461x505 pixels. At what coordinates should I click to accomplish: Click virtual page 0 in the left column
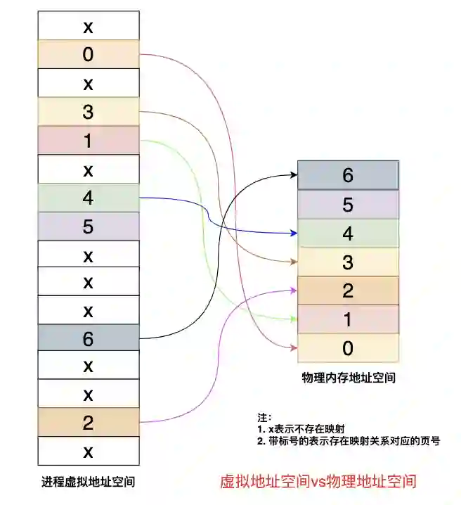click(x=88, y=54)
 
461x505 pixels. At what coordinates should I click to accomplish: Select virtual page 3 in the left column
click(x=88, y=111)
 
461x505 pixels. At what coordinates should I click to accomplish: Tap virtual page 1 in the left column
click(x=88, y=140)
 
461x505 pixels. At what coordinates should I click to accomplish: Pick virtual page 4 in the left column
click(x=88, y=197)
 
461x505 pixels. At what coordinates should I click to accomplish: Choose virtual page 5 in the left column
click(x=88, y=226)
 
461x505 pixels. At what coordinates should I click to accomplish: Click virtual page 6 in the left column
click(x=88, y=338)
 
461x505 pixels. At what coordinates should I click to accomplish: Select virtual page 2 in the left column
click(x=88, y=423)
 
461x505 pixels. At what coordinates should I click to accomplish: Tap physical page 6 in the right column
click(x=348, y=175)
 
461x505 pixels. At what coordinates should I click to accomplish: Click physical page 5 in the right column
click(x=348, y=204)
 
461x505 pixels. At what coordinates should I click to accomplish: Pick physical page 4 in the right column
click(x=348, y=233)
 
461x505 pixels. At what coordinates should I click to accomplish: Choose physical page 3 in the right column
click(x=348, y=262)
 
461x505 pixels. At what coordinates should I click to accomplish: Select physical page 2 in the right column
click(x=348, y=290)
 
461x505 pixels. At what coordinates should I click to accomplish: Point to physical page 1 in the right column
click(x=348, y=319)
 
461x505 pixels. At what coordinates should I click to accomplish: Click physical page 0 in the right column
click(x=348, y=348)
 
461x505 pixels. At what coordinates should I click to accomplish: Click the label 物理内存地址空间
click(x=348, y=378)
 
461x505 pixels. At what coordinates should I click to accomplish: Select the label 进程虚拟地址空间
click(x=88, y=482)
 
